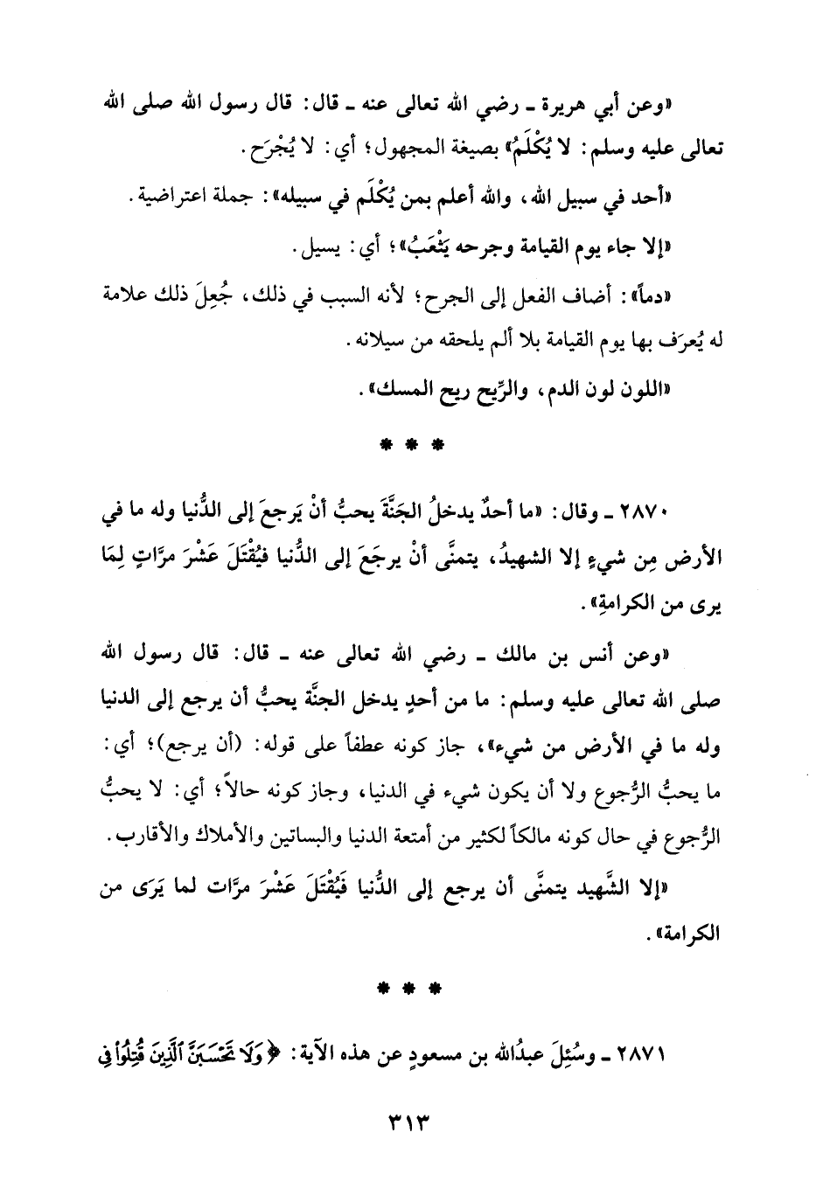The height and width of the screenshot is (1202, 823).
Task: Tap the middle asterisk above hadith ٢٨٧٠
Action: pos(411,444)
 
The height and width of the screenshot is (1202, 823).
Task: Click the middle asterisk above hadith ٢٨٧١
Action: pos(411,990)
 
